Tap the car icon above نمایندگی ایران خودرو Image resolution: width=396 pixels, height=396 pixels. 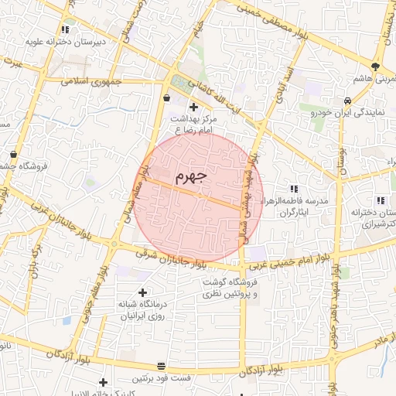348,100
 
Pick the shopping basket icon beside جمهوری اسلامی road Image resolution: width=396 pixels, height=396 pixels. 168,98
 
